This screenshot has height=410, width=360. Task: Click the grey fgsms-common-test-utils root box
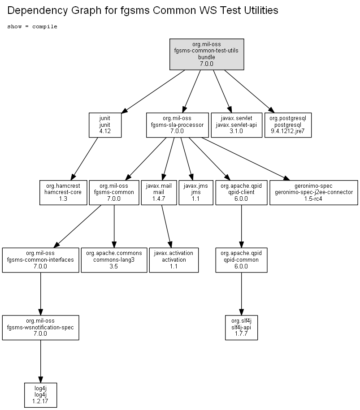click(207, 54)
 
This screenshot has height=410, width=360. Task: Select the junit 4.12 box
click(105, 125)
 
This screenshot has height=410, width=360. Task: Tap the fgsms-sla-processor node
click(178, 125)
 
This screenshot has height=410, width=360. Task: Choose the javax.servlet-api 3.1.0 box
click(237, 125)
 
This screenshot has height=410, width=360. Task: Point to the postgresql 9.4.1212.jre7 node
click(288, 125)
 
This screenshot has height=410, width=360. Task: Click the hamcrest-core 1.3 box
click(63, 192)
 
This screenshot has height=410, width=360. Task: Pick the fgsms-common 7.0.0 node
click(114, 192)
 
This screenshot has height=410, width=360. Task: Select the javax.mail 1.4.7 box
click(159, 192)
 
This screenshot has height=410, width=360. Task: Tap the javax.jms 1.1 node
click(196, 192)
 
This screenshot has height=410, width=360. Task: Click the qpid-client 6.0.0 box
click(242, 192)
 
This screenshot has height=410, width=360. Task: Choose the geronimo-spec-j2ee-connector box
click(314, 192)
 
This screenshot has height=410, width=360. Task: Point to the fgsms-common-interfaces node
click(40, 260)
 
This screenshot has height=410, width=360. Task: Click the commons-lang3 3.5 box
click(114, 260)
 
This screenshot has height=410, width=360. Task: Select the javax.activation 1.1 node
click(173, 260)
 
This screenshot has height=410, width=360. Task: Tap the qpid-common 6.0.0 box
click(242, 260)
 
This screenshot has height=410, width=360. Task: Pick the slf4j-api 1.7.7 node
click(242, 328)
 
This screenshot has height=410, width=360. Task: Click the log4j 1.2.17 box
click(40, 395)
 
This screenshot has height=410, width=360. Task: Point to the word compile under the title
click(45, 27)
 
